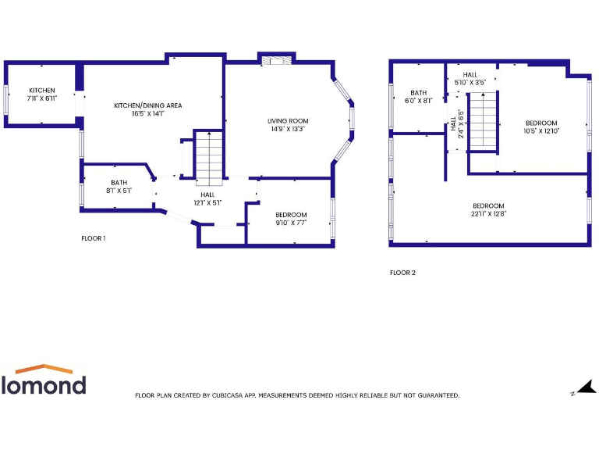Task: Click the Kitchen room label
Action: click(42, 91)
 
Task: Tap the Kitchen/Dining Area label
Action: click(148, 105)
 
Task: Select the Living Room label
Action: click(288, 121)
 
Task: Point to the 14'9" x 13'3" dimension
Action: click(288, 130)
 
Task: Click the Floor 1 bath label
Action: click(119, 183)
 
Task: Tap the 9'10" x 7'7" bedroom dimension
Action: click(291, 223)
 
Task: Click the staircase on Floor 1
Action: click(208, 156)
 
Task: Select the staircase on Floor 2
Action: click(482, 120)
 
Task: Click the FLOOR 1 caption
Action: click(94, 238)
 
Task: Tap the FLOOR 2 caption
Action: click(402, 273)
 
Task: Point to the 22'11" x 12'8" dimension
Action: click(488, 213)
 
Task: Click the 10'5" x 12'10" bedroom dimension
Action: click(541, 130)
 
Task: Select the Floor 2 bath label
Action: click(419, 92)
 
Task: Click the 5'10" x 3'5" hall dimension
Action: click(470, 82)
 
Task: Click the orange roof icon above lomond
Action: click(44, 368)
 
